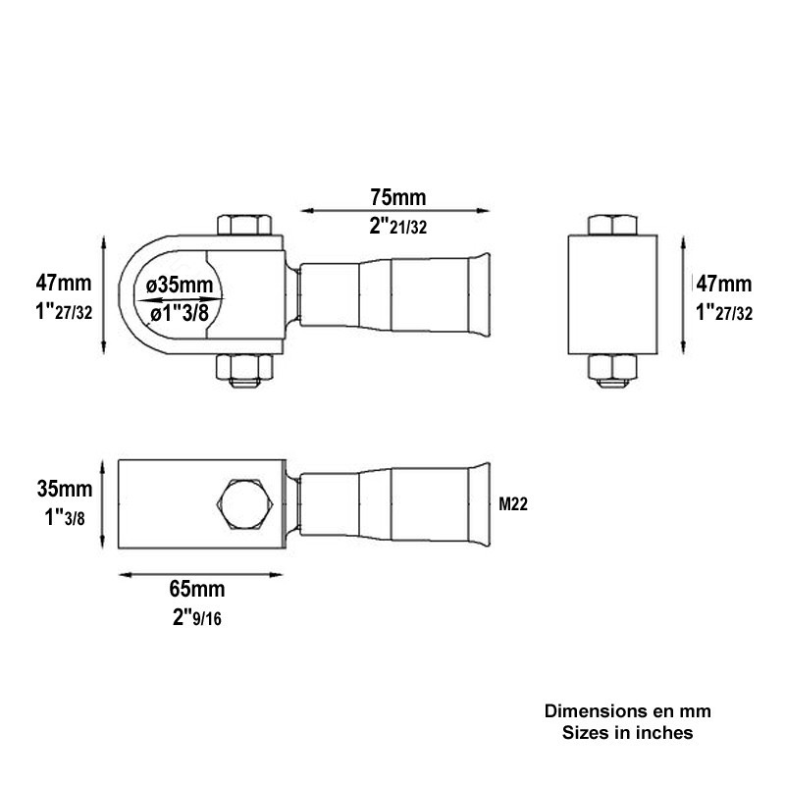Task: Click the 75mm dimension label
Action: coord(398,197)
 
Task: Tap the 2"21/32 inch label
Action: coord(398,227)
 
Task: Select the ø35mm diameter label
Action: coord(180,285)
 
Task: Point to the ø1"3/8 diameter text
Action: coord(180,314)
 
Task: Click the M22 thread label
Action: coord(513,504)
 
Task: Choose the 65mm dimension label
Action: coord(197,589)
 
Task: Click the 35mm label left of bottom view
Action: coord(65,489)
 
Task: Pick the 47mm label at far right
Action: coord(724,284)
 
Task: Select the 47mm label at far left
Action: coord(64,283)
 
